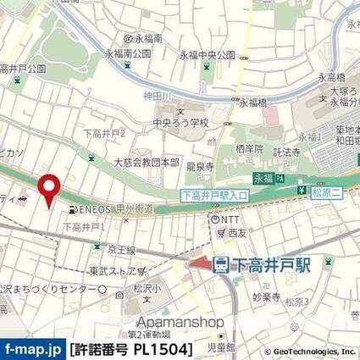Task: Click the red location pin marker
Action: [49, 188]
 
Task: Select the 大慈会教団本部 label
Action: [146, 162]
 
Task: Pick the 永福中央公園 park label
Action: [206, 55]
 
